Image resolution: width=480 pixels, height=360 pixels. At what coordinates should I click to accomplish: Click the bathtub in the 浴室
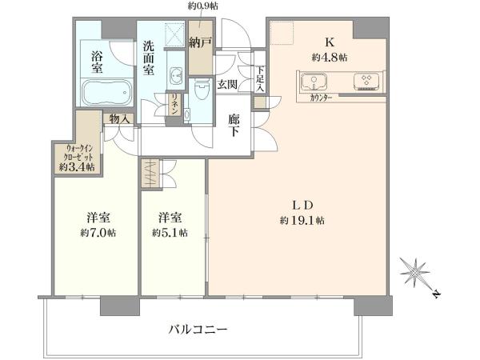[x=107, y=92]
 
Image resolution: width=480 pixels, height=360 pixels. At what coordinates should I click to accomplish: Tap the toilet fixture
[x=201, y=90]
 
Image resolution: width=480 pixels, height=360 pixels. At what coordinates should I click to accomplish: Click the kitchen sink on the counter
[x=314, y=82]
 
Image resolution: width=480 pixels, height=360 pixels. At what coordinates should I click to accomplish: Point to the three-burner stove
[x=366, y=82]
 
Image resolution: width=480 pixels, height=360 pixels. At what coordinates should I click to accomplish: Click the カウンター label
[x=321, y=98]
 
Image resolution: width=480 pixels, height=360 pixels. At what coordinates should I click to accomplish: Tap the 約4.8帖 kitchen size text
[x=330, y=58]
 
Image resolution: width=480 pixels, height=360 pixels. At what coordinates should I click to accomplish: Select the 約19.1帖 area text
[x=302, y=221]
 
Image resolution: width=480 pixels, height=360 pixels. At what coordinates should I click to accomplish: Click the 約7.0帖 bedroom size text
[x=98, y=233]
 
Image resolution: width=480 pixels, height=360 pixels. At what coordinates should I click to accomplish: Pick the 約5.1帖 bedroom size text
[x=170, y=233]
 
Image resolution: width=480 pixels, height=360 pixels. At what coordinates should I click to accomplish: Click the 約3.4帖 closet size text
[x=77, y=167]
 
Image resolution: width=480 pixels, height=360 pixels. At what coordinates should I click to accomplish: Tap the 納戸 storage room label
[x=200, y=42]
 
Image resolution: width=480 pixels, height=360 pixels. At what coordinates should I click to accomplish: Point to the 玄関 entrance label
[x=227, y=84]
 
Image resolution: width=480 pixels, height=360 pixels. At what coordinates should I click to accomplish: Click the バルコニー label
[x=198, y=330]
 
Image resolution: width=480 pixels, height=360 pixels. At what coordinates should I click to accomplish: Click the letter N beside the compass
[x=437, y=294]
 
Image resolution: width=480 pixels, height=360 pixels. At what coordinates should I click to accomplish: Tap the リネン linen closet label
[x=174, y=104]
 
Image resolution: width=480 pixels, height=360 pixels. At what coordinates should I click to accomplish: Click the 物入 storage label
[x=118, y=118]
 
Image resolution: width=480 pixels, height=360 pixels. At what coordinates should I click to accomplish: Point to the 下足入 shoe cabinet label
[x=260, y=79]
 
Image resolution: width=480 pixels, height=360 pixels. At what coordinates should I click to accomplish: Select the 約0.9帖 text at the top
[x=202, y=6]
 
